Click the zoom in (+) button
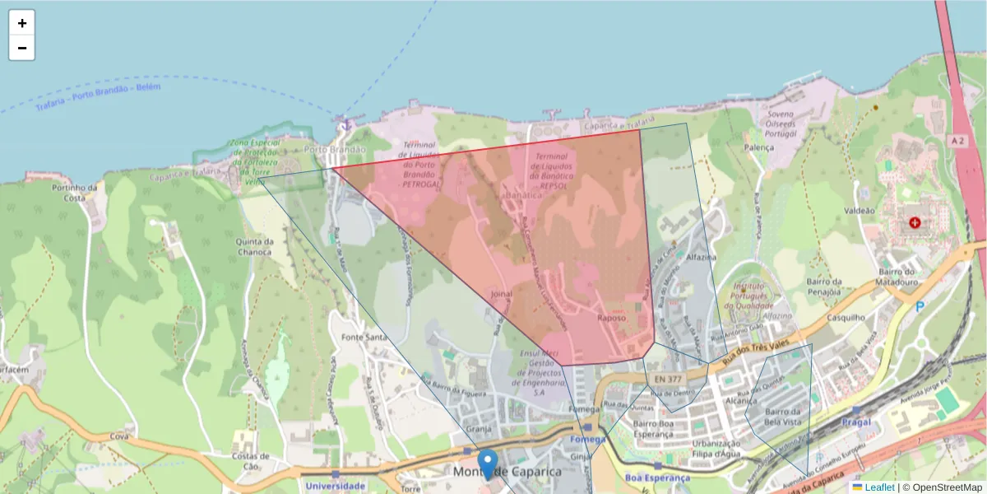pyautogui.click(x=22, y=23)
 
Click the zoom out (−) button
pyautogui.click(x=22, y=48)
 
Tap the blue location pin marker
pyautogui.click(x=488, y=464)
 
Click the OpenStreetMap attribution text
pyautogui.click(x=947, y=487)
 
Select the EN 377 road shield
pyautogui.click(x=665, y=379)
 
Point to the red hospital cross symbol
pyautogui.click(x=915, y=222)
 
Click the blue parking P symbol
pyautogui.click(x=920, y=307)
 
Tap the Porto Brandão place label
pyautogui.click(x=335, y=150)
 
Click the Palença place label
pyautogui.click(x=758, y=147)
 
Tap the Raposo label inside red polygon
pyautogui.click(x=612, y=318)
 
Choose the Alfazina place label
pyautogui.click(x=702, y=257)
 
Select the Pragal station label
pyautogui.click(x=857, y=422)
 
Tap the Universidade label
pyautogui.click(x=336, y=486)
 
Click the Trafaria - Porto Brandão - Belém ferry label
pyautogui.click(x=98, y=97)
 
